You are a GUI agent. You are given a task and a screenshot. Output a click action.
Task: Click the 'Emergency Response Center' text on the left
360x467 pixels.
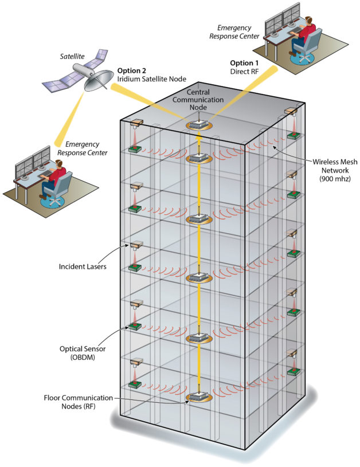pos(81,148)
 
